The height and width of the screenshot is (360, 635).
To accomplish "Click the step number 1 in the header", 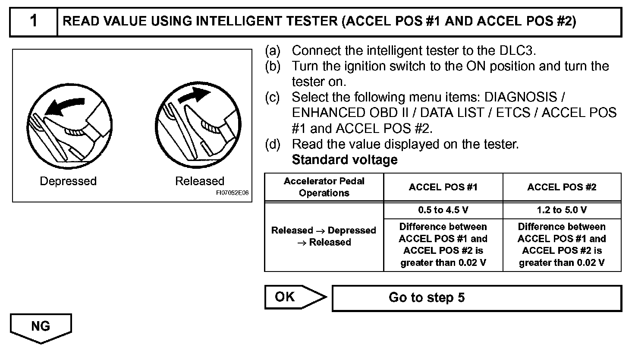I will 34,21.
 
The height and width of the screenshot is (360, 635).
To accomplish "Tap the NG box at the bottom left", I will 41,326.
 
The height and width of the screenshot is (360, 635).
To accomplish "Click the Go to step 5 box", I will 476,297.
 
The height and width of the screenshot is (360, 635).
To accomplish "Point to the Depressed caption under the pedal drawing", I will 68,181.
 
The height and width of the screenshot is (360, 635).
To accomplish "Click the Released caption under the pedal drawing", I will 200,181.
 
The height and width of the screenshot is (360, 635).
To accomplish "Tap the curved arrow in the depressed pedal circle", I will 64,105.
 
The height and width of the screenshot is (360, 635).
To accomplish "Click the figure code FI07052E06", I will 233,193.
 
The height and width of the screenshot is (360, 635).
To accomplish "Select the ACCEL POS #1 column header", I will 443,187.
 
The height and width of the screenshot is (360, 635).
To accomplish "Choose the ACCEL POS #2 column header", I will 562,187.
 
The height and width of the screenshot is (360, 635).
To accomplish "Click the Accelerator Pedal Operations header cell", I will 324,187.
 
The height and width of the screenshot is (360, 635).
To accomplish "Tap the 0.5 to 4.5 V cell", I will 443,210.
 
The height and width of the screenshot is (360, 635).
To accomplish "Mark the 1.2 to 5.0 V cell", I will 562,210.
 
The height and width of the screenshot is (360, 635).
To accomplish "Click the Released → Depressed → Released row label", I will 324,236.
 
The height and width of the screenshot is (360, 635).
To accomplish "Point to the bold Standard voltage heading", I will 344,160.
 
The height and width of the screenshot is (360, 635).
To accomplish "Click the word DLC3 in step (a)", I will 517,51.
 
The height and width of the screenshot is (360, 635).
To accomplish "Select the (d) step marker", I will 273,144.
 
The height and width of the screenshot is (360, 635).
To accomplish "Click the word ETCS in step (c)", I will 513,113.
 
